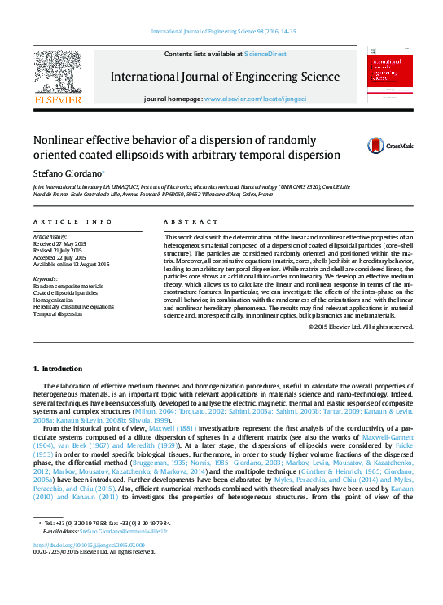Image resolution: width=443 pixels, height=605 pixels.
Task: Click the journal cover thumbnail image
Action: [390, 74]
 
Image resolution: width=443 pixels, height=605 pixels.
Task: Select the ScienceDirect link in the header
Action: [265, 54]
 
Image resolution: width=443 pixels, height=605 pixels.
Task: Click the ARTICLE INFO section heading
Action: [73, 222]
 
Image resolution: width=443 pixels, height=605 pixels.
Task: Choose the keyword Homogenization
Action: [54, 300]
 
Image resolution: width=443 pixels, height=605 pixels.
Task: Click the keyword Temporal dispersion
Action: [58, 313]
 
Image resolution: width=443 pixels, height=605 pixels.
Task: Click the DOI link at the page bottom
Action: [89, 545]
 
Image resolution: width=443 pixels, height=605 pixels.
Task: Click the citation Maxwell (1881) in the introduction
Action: [184, 427]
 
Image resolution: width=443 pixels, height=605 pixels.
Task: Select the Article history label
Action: [50, 237]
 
